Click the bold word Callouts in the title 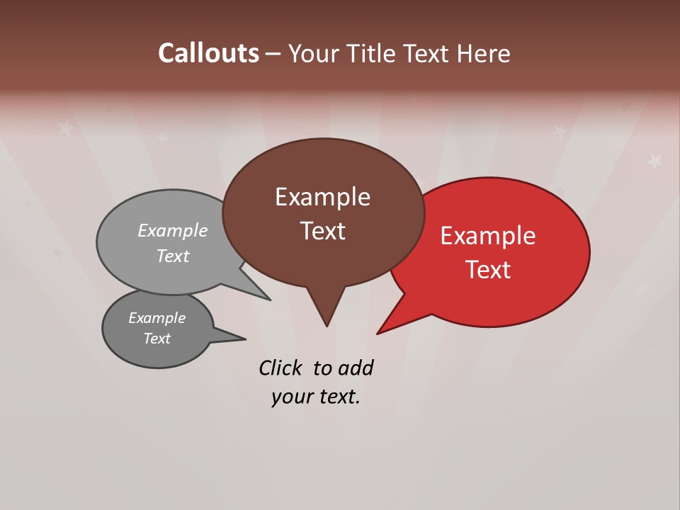pos(208,53)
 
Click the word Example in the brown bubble pos(322,197)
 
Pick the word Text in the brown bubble pos(322,231)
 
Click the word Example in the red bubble pos(488,236)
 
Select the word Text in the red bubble pos(488,270)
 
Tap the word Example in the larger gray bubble pos(173,231)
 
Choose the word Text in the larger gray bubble pos(173,256)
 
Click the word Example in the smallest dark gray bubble pos(157,318)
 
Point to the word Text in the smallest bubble pos(157,339)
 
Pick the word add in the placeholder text pos(356,368)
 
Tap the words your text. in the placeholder pos(315,397)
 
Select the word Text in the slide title pos(427,54)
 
